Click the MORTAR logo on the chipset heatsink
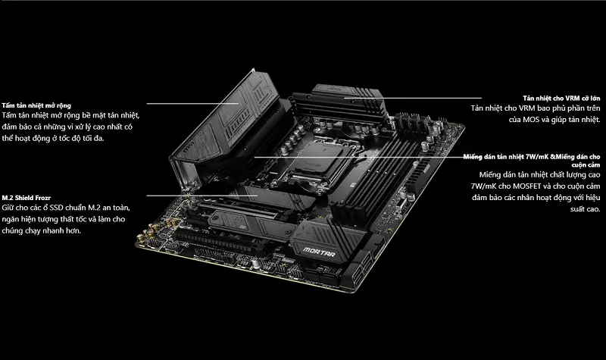pos(319,252)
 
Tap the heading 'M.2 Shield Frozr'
pos(26,198)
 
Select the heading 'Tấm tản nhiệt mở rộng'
pos(36,105)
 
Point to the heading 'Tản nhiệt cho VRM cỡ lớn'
pos(561,99)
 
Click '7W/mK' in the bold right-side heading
pos(537,157)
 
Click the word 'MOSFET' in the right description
pos(526,186)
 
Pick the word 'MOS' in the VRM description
pos(531,120)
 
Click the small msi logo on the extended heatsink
pos(188,146)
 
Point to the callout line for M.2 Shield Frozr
pos(202,196)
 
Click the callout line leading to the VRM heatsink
pos(413,99)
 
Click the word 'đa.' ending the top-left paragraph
pos(98,138)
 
